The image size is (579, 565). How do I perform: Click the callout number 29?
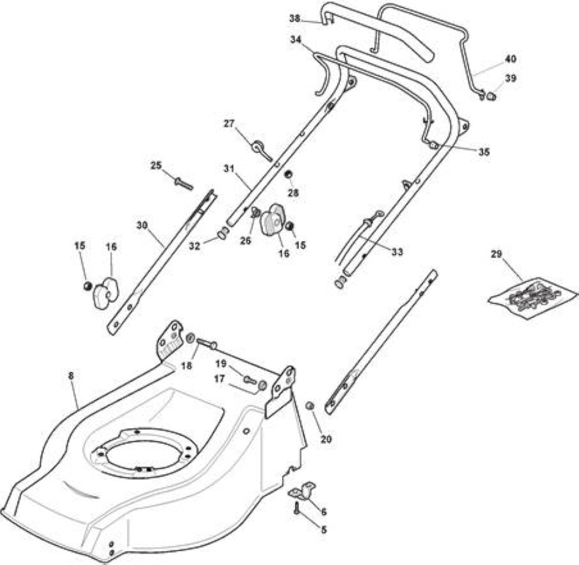(x=496, y=254)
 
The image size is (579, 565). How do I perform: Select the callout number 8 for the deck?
(x=71, y=376)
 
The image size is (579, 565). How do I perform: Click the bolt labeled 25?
(x=183, y=184)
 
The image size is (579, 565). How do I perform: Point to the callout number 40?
(x=511, y=59)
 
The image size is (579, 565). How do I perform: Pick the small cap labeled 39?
(x=491, y=96)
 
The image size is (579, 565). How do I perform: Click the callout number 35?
(x=484, y=152)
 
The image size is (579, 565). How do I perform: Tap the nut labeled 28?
(x=288, y=174)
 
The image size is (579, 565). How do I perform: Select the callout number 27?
(x=229, y=124)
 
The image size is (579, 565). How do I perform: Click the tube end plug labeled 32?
(x=222, y=233)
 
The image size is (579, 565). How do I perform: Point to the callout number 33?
(x=398, y=252)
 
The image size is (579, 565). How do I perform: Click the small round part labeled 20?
(x=310, y=406)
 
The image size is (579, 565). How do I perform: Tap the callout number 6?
(x=324, y=512)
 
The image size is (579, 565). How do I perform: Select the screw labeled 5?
(x=296, y=507)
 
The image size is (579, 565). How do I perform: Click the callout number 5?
(x=324, y=530)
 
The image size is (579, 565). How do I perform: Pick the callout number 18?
(x=187, y=366)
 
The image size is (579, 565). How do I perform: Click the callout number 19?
(x=221, y=364)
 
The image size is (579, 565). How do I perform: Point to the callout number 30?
(x=142, y=225)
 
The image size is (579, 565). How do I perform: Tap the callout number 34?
(x=296, y=40)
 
